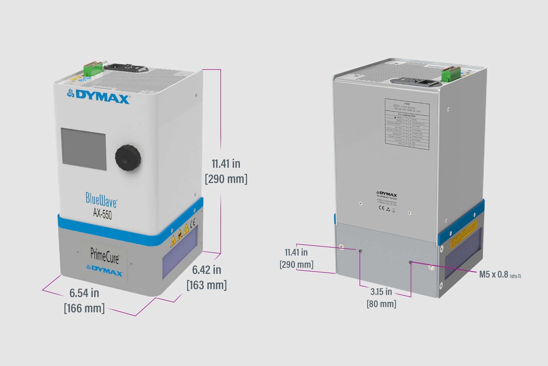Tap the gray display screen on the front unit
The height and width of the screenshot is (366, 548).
[84, 149]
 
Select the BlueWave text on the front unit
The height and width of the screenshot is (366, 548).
[101, 200]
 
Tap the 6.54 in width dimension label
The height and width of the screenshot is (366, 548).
[84, 293]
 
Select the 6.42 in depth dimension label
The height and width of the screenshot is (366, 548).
[206, 270]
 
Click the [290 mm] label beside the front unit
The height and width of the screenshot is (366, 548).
[226, 179]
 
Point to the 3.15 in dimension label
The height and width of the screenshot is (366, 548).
[381, 292]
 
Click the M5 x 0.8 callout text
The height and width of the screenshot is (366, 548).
[493, 274]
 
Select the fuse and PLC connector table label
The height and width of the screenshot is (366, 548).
[407, 124]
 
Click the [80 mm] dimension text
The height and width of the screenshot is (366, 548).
[381, 304]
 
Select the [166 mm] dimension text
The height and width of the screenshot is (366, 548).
[84, 308]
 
